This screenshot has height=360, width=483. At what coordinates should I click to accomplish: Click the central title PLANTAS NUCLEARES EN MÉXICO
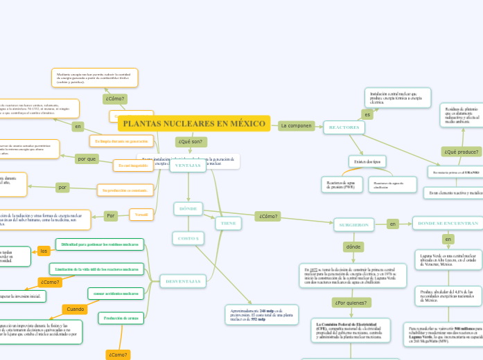pos(194,124)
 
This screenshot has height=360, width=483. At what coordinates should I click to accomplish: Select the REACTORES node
pos(344,127)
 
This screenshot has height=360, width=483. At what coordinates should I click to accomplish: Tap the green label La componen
pos(296,126)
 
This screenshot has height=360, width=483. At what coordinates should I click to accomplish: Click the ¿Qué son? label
pos(191,142)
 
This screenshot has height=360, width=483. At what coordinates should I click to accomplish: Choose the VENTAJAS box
pos(188,165)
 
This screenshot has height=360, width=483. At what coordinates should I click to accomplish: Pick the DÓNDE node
pos(188,208)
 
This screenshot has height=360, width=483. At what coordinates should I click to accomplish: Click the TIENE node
pos(227,223)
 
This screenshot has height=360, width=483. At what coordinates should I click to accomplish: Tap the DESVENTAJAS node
pos(183,281)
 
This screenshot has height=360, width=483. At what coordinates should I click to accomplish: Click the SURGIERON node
pos(353,224)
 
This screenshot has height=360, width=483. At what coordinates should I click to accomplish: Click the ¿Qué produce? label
pos(461,152)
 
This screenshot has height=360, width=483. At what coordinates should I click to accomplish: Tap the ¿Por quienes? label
pos(351,303)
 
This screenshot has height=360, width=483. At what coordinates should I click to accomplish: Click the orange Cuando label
pos(75,309)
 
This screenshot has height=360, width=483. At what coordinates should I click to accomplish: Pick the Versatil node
pos(141,215)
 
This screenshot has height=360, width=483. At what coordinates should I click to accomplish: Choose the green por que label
pos(87,159)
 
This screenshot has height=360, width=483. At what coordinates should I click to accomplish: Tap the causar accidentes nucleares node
pos(116,294)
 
